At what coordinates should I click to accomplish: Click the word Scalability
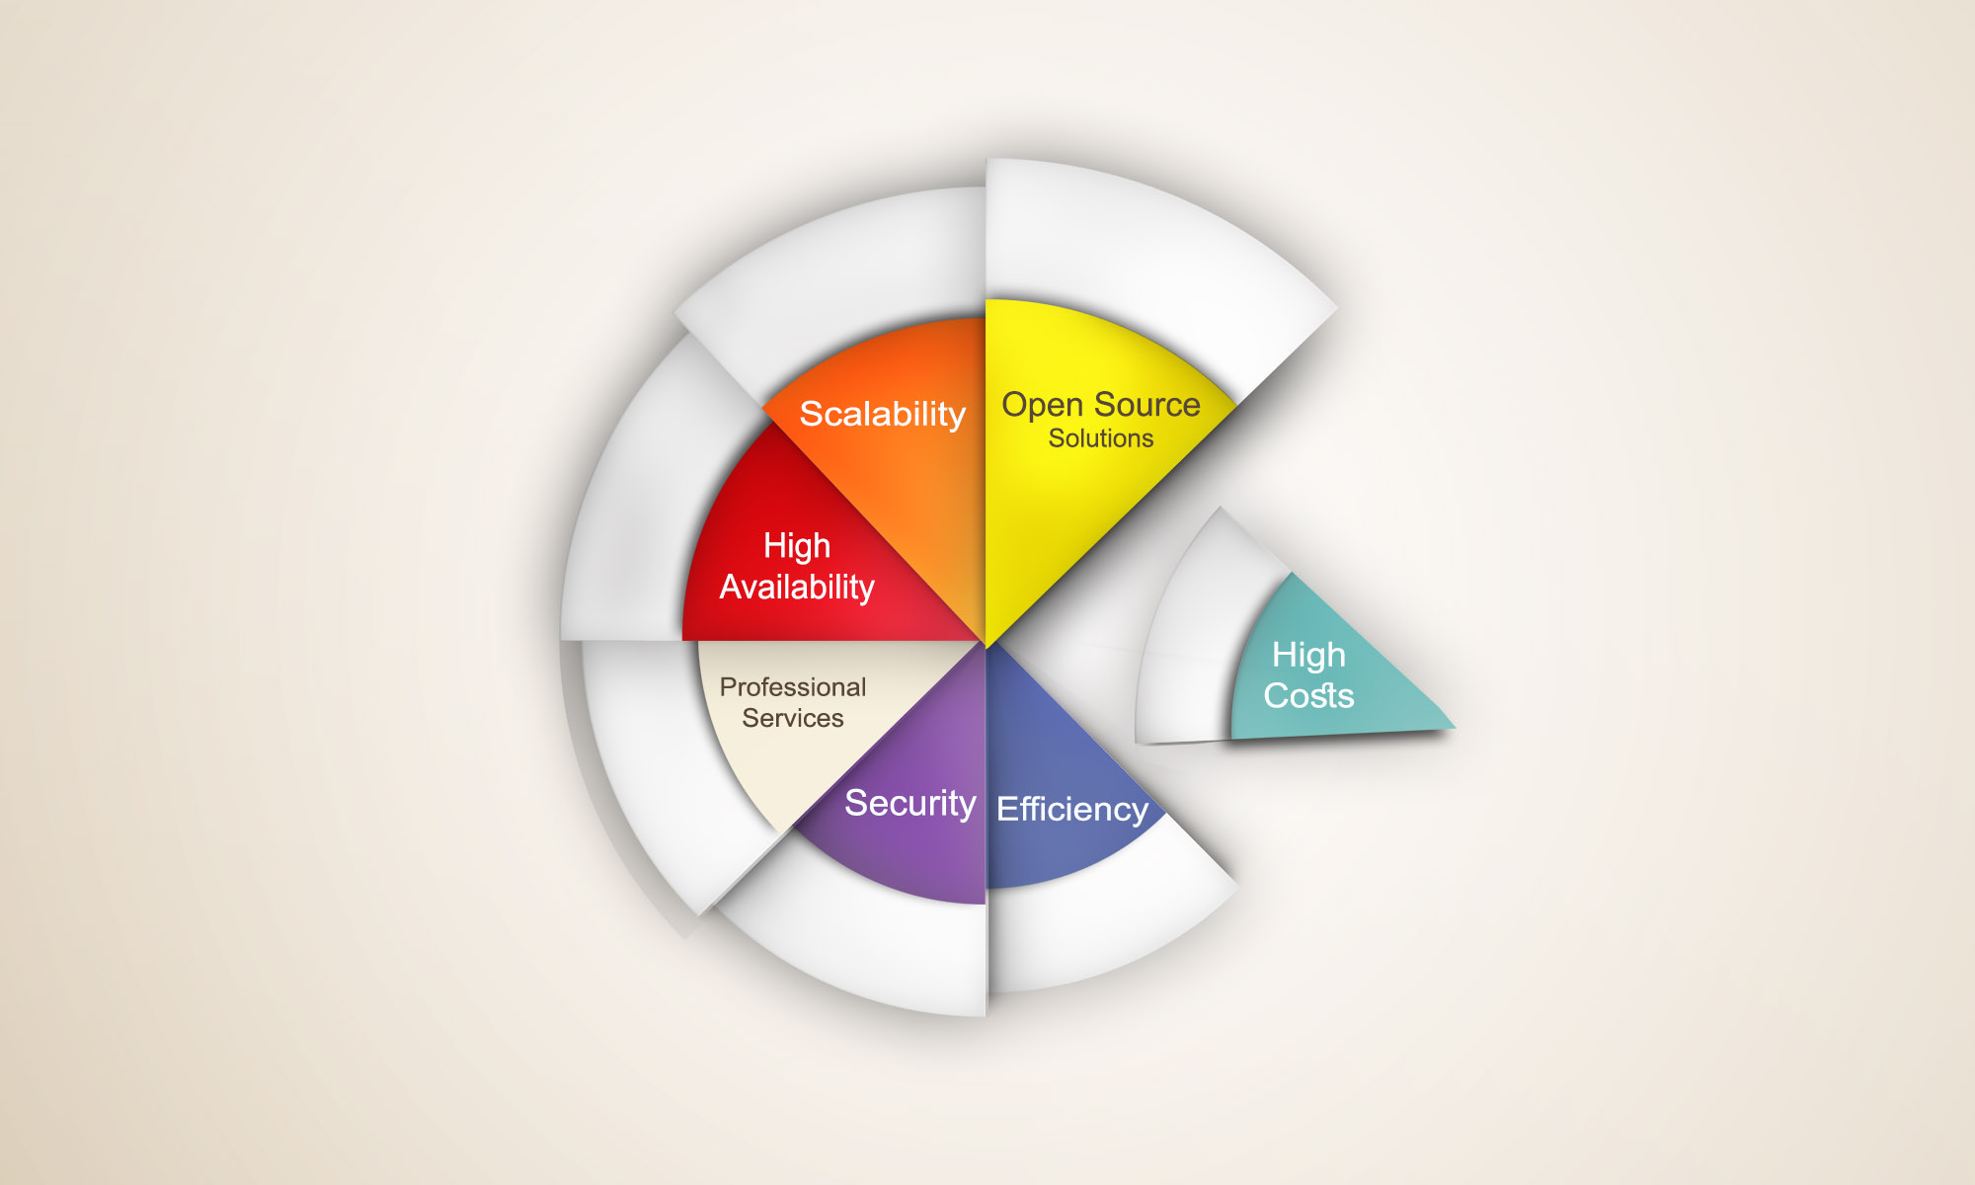[x=882, y=415]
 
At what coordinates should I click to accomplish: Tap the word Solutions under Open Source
[x=1101, y=438]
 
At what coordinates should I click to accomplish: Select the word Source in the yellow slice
[x=1147, y=405]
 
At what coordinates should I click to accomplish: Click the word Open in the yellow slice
[x=1044, y=406]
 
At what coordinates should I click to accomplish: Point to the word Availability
[x=797, y=588]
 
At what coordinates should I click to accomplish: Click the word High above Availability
[x=797, y=546]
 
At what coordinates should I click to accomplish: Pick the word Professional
[x=793, y=686]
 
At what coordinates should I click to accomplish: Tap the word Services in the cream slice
[x=793, y=718]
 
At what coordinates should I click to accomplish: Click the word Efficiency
[x=1072, y=810]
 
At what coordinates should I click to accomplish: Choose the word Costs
[x=1308, y=695]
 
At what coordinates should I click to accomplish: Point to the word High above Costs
[x=1308, y=656]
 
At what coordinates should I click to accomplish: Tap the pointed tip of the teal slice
[x=1455, y=729]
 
